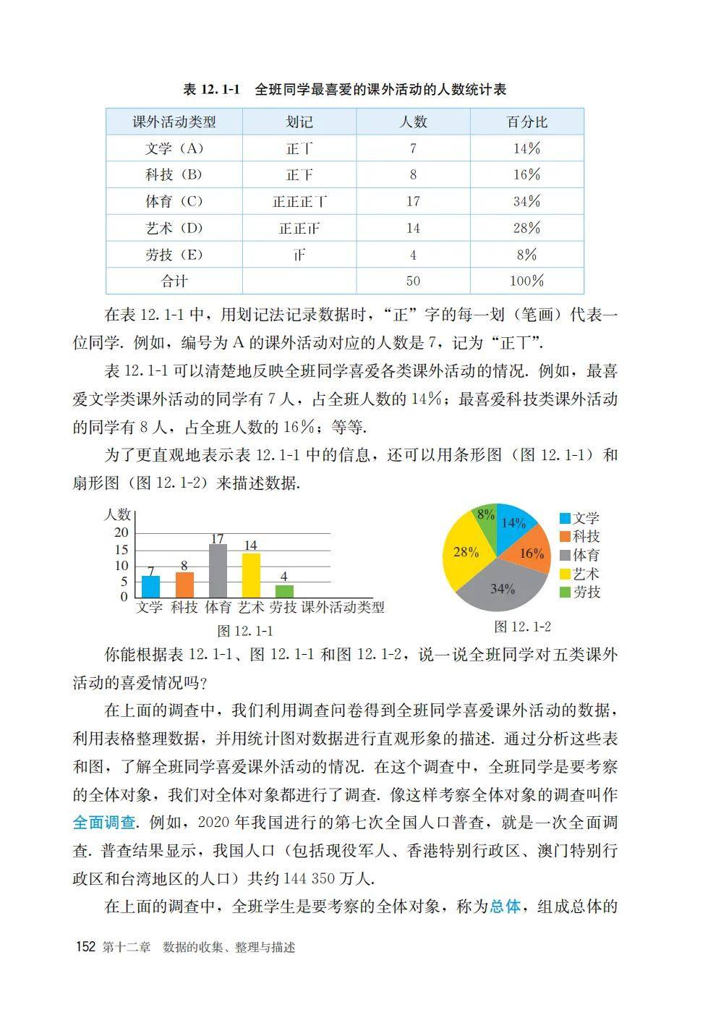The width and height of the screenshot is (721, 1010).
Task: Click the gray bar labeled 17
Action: point(218,572)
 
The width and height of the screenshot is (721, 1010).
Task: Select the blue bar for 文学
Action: point(150,586)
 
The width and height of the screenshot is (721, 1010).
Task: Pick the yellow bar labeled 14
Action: point(251,575)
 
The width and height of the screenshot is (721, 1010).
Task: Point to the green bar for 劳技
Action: point(284,591)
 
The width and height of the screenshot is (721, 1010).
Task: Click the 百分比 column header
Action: point(526,122)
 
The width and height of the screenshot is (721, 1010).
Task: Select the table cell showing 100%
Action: point(526,281)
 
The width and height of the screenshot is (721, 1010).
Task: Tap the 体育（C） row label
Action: point(174,201)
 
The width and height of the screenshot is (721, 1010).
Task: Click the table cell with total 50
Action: point(413,281)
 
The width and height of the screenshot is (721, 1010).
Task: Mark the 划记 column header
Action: point(299,122)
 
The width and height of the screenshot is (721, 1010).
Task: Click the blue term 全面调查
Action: point(104,823)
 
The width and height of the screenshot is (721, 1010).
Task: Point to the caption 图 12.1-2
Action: point(522,627)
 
